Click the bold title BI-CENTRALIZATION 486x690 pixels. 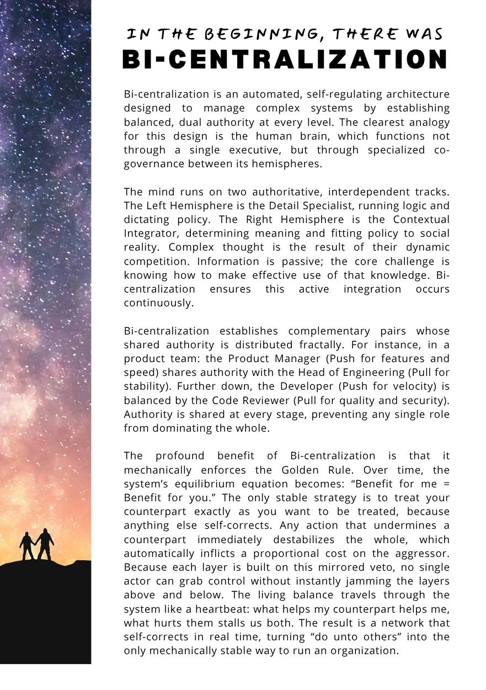[285, 60]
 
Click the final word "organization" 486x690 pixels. [364, 650]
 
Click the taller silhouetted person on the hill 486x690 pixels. [45, 544]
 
